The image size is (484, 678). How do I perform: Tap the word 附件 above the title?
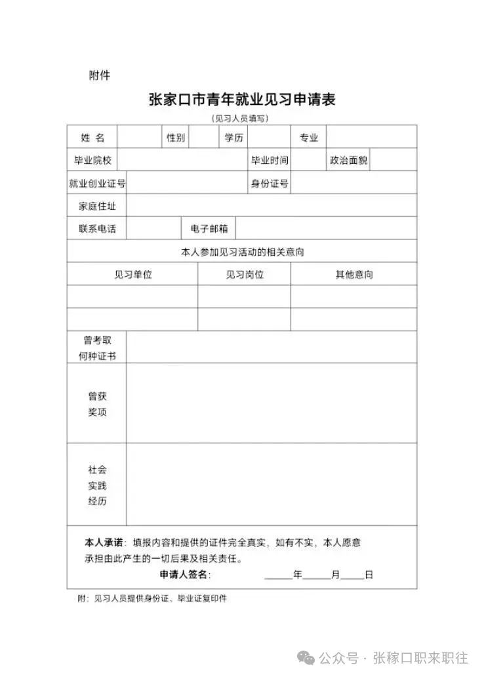100,75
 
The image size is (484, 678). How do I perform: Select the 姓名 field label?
92,138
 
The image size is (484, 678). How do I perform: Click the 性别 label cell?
176,138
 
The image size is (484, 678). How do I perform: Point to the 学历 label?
233,138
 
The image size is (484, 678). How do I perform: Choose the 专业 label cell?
309,138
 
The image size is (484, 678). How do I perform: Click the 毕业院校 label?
92,160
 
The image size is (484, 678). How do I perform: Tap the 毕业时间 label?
269,160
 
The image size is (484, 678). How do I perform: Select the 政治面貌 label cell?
348,160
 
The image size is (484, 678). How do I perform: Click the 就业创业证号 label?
97,184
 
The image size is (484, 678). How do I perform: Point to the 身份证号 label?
269,184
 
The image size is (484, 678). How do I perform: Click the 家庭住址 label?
97,206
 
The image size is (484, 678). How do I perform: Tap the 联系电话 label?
97,229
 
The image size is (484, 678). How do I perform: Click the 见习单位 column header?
132,275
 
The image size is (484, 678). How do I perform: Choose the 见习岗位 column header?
245,275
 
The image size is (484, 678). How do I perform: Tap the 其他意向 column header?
354,275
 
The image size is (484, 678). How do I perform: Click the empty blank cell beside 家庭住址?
272,206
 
